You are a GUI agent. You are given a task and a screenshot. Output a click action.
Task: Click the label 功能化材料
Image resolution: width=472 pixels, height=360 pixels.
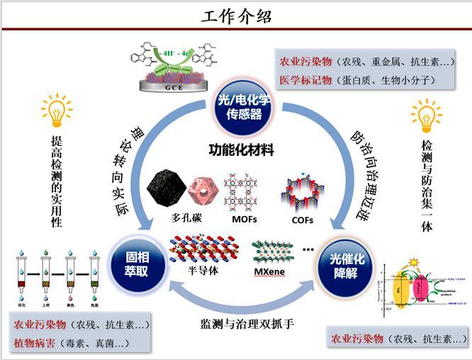tap(240, 150)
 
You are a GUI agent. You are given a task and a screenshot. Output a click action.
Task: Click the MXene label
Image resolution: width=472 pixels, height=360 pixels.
tap(272, 273)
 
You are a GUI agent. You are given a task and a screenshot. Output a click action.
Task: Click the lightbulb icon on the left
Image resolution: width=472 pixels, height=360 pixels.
tap(56, 111)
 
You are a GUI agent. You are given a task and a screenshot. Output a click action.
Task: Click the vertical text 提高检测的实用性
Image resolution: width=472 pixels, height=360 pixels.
tap(56, 181)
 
